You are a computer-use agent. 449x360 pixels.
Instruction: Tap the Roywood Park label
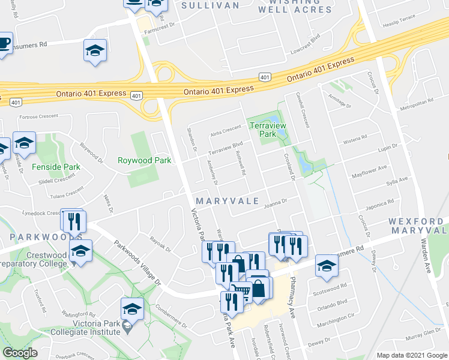pos(144,160)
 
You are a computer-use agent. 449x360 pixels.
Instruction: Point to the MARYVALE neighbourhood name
pos(226,200)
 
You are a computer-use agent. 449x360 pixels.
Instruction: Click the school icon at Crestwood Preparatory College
pos(80,251)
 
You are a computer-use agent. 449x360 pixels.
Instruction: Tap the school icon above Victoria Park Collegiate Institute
pos(131,308)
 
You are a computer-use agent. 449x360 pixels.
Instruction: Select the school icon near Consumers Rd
pos(95,50)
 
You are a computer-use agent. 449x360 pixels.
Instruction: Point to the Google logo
pos(20,353)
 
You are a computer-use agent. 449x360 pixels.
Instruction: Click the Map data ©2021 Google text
pos(412,355)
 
